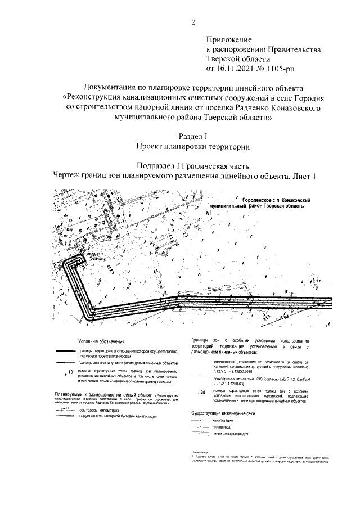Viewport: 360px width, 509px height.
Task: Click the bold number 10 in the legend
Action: tap(70, 372)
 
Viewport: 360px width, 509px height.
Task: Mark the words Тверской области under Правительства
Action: tap(239, 59)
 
